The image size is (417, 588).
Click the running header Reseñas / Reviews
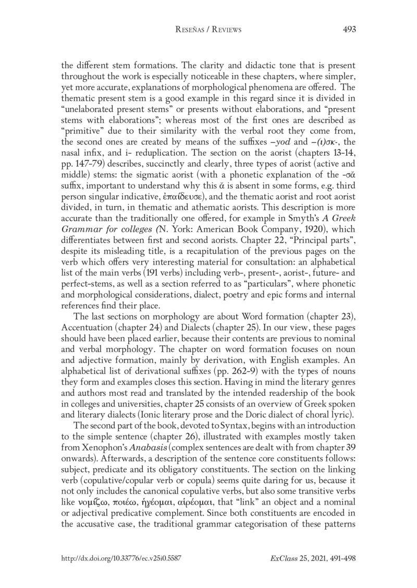[x=208, y=30]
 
